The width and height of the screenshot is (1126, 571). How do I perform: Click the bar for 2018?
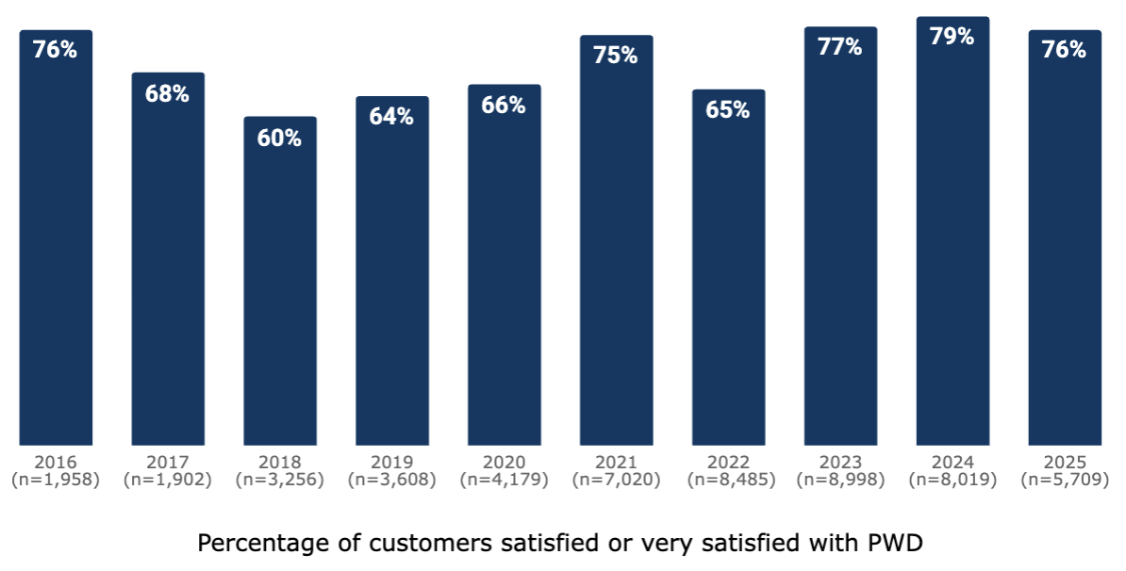click(280, 283)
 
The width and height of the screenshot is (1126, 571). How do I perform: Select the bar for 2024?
click(952, 236)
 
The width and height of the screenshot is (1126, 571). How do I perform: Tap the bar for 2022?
click(728, 273)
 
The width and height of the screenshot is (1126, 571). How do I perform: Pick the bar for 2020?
click(505, 269)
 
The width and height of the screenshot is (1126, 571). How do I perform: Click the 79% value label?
click(952, 37)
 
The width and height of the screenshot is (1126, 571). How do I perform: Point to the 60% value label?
click(280, 139)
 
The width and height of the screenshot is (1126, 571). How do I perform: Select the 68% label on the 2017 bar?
click(168, 94)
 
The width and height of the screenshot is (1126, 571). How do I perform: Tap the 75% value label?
click(616, 56)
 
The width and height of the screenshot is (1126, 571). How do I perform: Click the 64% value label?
click(392, 117)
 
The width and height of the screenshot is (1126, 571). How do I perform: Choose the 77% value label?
click(840, 47)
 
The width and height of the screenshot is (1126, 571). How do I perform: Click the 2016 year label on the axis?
click(56, 463)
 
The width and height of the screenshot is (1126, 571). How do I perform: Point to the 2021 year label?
click(616, 463)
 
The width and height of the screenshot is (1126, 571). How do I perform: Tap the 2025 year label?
click(1065, 463)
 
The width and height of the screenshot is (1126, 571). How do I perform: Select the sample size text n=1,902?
click(168, 480)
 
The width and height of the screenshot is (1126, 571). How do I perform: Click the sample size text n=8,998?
click(840, 480)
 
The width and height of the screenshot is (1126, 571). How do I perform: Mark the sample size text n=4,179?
click(505, 480)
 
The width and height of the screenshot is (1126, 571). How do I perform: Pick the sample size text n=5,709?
click(1065, 480)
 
